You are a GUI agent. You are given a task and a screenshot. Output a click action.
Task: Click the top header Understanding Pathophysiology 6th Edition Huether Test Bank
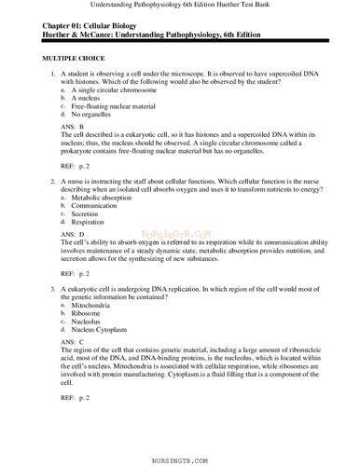[179, 7]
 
